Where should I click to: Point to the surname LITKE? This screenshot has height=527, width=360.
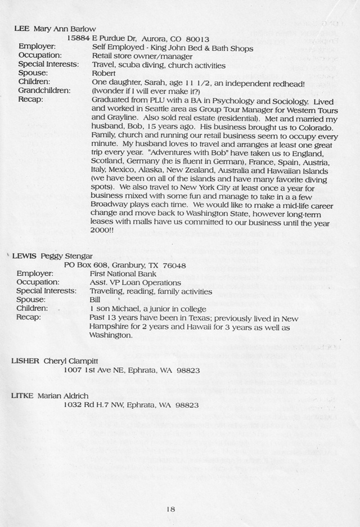click(x=23, y=395)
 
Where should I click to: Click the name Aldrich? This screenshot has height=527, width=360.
click(x=84, y=395)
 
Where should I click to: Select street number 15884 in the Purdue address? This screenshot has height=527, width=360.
click(x=79, y=39)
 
